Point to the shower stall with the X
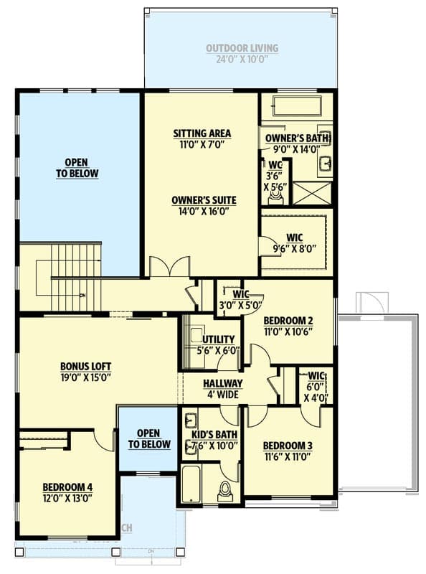313,194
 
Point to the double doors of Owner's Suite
169,267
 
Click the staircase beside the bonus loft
75,276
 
